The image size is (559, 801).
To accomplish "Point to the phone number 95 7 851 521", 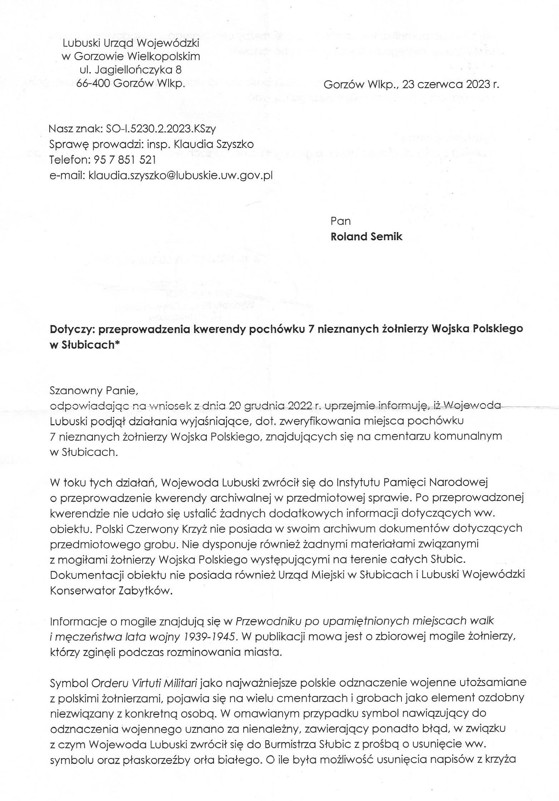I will (x=124, y=159).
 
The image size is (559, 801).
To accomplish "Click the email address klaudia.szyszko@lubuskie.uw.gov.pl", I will (x=181, y=175).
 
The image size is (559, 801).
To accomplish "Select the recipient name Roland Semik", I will (x=366, y=237).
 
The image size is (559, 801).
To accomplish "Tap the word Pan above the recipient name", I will (x=340, y=221).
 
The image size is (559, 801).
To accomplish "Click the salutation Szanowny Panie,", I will (x=94, y=391).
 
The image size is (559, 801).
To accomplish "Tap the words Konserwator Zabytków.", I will (x=111, y=591).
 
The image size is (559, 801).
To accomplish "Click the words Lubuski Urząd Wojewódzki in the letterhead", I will (x=131, y=43).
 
